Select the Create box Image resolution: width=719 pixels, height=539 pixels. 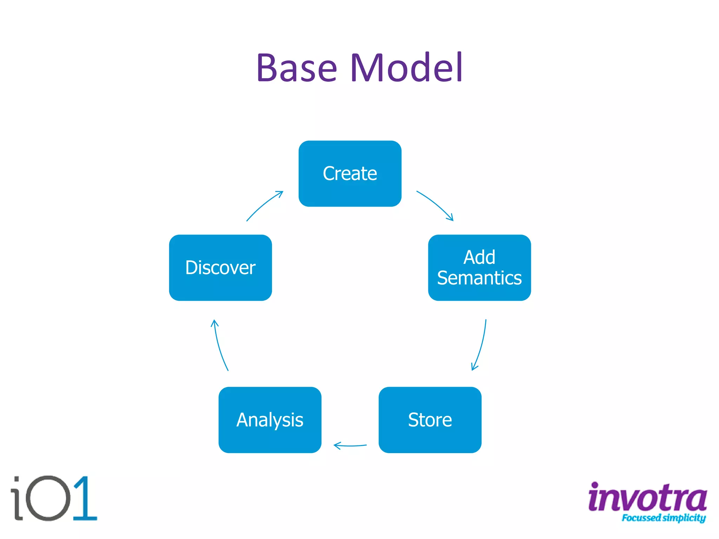coord(350,174)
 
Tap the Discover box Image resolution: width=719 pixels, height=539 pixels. coord(220,268)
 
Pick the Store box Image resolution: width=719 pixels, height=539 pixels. coord(430,420)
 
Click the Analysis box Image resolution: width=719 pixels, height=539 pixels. coord(270,420)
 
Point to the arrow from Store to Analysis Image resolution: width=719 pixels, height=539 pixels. coord(350,446)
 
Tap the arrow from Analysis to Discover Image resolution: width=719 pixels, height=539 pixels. coord(219,346)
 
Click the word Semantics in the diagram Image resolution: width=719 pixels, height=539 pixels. coord(479,278)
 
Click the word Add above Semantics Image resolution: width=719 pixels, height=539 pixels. coord(479,257)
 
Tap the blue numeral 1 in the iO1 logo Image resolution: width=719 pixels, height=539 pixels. coord(84,498)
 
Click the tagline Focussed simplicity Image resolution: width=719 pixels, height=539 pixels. coord(663,518)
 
